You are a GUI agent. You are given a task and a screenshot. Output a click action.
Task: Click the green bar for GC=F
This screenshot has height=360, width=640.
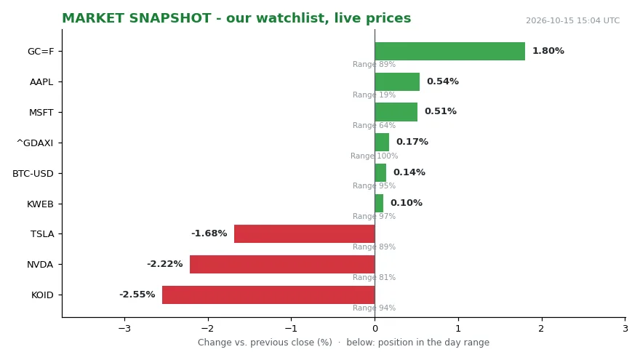(449, 51)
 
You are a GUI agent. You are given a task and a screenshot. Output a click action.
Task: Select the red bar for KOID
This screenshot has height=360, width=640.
(268, 295)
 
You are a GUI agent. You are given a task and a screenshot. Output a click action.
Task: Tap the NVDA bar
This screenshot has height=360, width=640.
(282, 264)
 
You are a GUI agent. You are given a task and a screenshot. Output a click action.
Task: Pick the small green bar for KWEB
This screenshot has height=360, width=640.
(379, 203)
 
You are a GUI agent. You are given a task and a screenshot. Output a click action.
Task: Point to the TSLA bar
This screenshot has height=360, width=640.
(305, 233)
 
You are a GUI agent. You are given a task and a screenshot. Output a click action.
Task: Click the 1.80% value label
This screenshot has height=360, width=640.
(548, 51)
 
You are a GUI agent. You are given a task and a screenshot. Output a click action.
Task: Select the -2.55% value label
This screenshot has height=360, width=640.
(137, 295)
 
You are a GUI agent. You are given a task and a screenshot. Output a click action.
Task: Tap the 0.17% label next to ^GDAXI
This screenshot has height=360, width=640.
(412, 142)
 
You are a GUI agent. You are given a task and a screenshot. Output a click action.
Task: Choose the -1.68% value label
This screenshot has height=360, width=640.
(209, 233)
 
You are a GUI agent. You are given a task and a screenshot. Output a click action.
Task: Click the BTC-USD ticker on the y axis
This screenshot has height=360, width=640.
(33, 174)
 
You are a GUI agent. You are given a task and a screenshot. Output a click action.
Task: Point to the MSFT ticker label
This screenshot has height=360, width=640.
(41, 112)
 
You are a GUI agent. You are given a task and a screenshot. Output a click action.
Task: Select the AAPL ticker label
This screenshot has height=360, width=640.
(41, 81)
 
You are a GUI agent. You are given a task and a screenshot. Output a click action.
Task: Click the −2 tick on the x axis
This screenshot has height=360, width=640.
(208, 328)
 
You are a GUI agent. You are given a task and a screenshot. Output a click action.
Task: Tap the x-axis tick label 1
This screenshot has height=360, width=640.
(458, 328)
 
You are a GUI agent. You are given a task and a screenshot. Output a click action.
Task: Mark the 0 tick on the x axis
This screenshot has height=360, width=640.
(375, 328)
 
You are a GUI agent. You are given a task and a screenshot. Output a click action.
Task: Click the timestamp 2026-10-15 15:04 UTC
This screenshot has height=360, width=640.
(572, 20)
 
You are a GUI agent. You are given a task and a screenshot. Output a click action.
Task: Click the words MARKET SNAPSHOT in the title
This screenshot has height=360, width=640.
(137, 18)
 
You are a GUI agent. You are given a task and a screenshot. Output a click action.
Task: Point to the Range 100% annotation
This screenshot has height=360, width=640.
(375, 156)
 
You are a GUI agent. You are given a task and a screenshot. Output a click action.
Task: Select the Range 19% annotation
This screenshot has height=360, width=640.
(375, 95)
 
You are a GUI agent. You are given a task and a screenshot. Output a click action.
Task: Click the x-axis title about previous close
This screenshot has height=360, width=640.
(344, 342)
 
